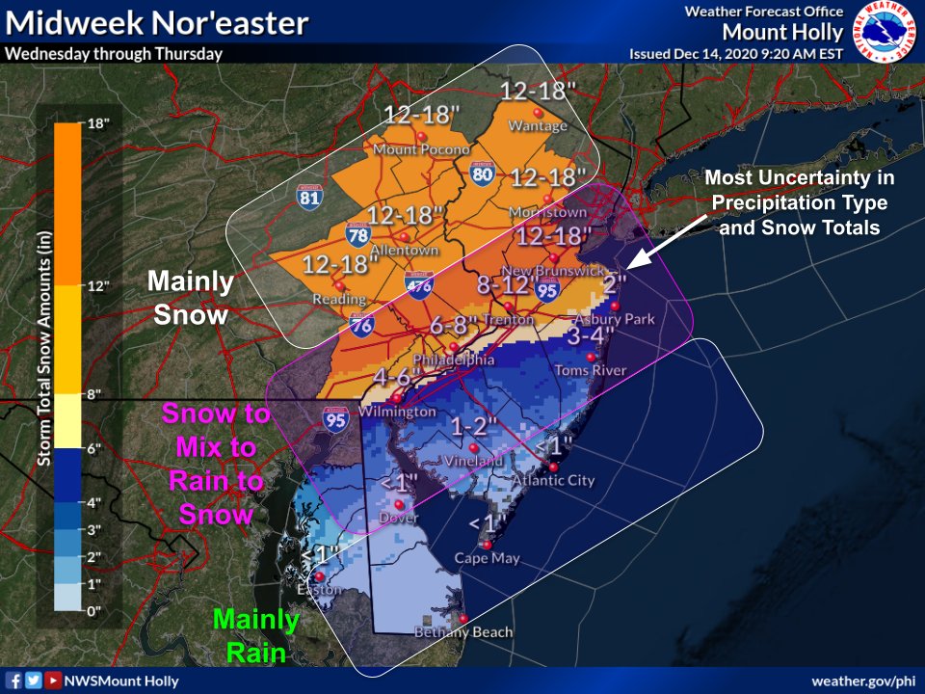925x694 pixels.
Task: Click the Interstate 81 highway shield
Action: point(309,196)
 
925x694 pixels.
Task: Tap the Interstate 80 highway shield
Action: point(483,173)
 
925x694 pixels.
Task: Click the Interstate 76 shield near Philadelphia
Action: point(362,326)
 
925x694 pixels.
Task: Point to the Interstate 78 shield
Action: point(357,233)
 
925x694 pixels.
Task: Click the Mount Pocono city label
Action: point(421,149)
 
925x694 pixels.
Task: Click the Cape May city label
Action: point(487,558)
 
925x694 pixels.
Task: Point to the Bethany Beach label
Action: point(463,632)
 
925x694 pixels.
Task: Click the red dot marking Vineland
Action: point(473,447)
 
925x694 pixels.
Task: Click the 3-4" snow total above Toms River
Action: point(591,336)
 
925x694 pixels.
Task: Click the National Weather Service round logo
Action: point(886,31)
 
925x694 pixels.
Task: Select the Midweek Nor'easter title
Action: point(157,23)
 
